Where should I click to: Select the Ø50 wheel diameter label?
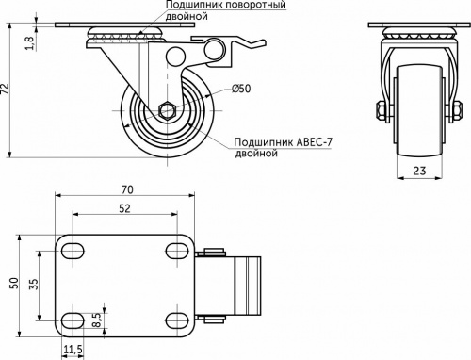pos(241,89)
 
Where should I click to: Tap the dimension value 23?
pos(415,172)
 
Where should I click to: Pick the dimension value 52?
pos(124,208)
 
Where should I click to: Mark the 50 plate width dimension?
pos(13,283)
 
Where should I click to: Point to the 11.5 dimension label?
pos(73,350)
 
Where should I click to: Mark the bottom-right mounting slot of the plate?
pos(174,315)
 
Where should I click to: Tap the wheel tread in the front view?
pos(415,104)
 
